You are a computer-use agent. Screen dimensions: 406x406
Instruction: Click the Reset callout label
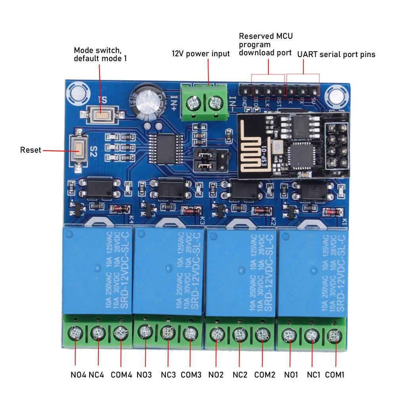(x=31, y=150)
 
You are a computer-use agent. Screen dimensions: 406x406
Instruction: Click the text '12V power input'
(x=200, y=54)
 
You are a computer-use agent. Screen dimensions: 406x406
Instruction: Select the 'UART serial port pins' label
(x=336, y=54)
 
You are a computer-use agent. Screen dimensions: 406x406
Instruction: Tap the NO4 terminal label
(x=78, y=374)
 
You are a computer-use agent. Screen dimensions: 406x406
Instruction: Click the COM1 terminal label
(x=335, y=374)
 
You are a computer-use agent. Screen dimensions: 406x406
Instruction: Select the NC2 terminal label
(x=240, y=374)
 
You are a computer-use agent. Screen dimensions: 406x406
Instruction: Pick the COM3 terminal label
(x=191, y=374)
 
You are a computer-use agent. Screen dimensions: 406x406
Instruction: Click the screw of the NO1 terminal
(x=289, y=336)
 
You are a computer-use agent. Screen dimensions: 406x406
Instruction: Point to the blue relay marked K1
(x=312, y=274)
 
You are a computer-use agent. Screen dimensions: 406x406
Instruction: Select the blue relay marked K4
(x=97, y=272)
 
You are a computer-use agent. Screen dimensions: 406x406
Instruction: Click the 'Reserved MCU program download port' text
(x=266, y=44)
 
